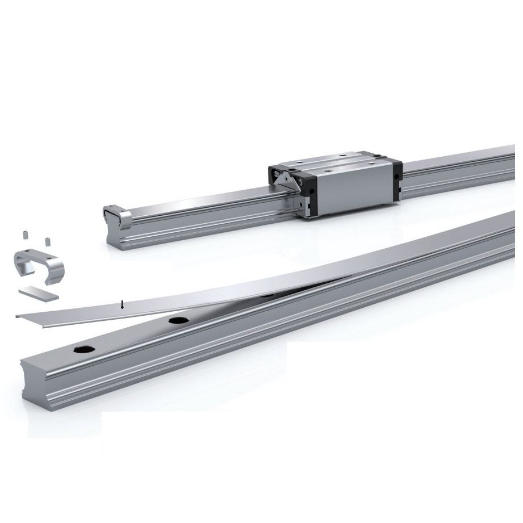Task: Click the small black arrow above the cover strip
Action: point(122,306)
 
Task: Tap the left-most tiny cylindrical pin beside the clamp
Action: point(26,235)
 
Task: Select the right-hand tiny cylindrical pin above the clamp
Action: point(48,241)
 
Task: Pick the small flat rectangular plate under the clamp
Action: point(39,293)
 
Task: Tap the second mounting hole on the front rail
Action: point(178,321)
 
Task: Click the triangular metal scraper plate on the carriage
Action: point(287,181)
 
